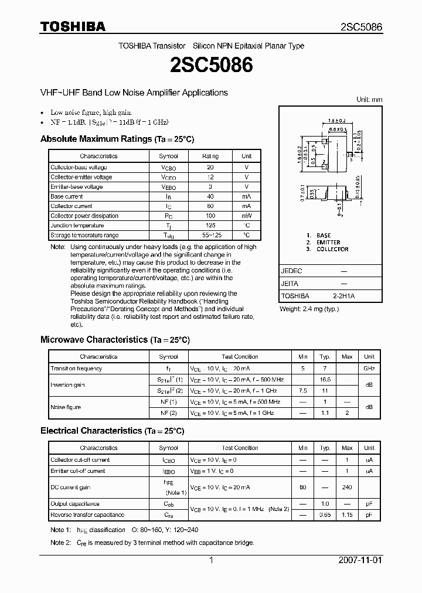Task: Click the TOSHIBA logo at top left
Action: [73, 26]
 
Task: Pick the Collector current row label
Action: [72, 206]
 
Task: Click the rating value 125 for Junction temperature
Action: [210, 226]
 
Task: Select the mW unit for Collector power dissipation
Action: [246, 216]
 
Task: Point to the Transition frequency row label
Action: [76, 369]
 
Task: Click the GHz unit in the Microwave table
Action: [369, 369]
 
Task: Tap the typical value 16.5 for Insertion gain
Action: [325, 380]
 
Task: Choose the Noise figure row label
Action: [66, 407]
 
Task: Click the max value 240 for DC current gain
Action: [347, 487]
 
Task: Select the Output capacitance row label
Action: [75, 504]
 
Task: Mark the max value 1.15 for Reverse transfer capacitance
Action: [347, 515]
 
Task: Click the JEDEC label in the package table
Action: [292, 271]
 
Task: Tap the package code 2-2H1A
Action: [343, 296]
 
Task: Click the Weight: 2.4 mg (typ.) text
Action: [309, 308]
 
